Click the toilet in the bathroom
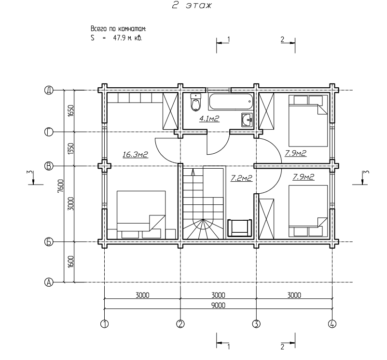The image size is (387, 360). tap(196, 102)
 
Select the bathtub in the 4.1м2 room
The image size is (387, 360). tap(231, 101)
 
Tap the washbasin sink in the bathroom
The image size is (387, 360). tap(247, 120)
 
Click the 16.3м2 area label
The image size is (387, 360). tap(135, 155)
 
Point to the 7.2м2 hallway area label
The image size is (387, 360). tap(241, 178)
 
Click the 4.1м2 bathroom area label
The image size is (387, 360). tap(209, 119)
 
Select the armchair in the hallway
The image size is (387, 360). tap(240, 227)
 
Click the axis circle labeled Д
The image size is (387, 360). tap(49, 90)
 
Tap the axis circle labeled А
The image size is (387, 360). tap(49, 282)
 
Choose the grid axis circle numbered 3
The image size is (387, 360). tap(256, 324)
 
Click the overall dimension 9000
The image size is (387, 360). tap(219, 305)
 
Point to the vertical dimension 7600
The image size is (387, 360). tap(60, 186)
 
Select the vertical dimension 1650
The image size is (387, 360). tap(70, 111)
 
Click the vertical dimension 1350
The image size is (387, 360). tap(70, 149)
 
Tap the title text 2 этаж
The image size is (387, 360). tap(192, 5)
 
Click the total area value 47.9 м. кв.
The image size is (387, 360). tap(127, 38)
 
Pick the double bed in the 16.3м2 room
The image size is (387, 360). tap(141, 214)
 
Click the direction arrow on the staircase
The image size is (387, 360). tap(193, 172)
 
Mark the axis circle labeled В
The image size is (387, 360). tap(49, 166)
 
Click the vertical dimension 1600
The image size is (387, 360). tap(70, 262)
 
